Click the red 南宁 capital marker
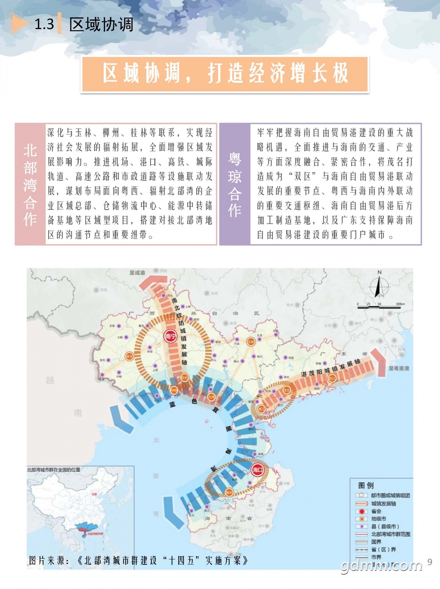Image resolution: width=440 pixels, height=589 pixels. (170, 336)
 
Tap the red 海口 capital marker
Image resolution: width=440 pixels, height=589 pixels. (257, 469)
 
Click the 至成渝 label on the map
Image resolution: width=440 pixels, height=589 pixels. (137, 273)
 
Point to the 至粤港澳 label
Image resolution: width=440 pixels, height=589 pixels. (399, 368)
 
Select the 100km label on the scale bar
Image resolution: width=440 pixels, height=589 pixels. (400, 304)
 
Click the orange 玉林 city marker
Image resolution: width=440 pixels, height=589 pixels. (251, 341)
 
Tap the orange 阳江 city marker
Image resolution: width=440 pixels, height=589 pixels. (332, 378)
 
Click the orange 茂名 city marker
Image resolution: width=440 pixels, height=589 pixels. (286, 390)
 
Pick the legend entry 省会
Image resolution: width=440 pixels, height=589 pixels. (376, 511)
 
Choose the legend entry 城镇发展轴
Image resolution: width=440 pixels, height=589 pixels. (383, 504)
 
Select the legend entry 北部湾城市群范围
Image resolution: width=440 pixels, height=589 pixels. (390, 534)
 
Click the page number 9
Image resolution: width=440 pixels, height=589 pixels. (429, 562)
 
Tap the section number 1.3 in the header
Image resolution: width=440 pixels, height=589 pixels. (44, 24)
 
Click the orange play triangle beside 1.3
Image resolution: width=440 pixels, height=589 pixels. (18, 24)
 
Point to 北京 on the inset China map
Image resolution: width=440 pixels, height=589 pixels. (94, 494)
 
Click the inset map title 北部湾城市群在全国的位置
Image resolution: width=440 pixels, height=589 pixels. (53, 470)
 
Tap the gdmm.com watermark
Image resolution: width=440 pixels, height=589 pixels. (381, 565)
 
